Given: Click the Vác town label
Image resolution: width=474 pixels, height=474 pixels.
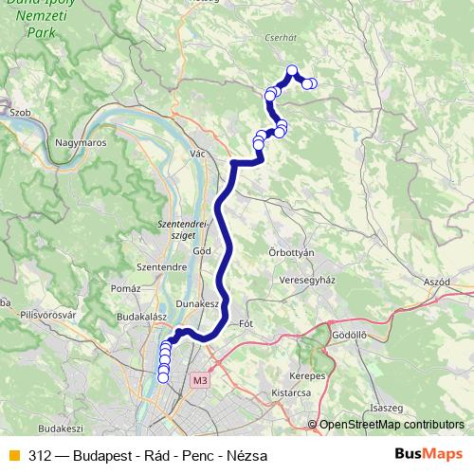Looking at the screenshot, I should point(198,154).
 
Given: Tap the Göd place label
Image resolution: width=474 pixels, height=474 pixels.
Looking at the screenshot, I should point(201,250).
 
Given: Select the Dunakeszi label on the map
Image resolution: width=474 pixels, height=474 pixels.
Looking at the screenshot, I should point(198,304).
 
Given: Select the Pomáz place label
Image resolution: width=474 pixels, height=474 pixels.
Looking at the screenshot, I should point(126,287).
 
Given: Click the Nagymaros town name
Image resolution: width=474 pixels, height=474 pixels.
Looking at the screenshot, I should point(80,142).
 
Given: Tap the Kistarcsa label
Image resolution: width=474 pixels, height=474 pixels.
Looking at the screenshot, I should point(292,392).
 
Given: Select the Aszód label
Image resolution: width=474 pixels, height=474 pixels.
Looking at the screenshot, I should point(437,283).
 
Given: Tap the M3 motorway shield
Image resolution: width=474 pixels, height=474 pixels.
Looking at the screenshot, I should point(198,380).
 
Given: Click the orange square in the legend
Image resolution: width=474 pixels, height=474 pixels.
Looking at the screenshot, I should point(13,456).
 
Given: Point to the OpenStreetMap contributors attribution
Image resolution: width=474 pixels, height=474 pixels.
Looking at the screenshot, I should point(391,426).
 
